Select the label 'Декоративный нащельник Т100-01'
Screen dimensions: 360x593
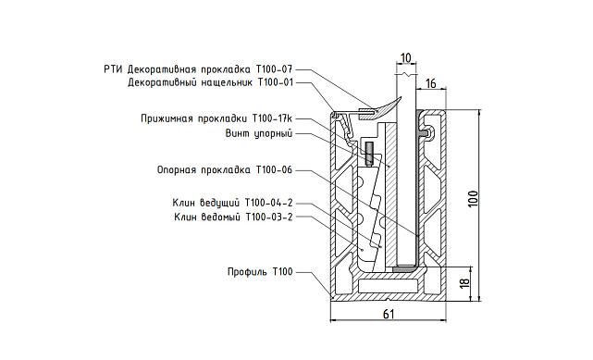pyautogui.click(x=210, y=82)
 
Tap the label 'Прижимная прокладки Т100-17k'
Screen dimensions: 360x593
pyautogui.click(x=216, y=118)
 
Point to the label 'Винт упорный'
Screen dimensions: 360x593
pyautogui.click(x=259, y=133)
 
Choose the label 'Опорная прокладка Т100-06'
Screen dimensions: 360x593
pyautogui.click(x=225, y=169)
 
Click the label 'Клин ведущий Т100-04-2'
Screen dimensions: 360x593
pyautogui.click(x=232, y=203)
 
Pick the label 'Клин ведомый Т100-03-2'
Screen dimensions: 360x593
pyautogui.click(x=233, y=217)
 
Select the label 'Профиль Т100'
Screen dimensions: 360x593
pyautogui.click(x=260, y=272)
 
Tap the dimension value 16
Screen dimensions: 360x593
pyautogui.click(x=431, y=83)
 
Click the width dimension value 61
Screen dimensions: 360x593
pyautogui.click(x=389, y=316)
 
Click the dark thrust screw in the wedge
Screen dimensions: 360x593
pyautogui.click(x=368, y=154)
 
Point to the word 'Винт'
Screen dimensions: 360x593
pyautogui.click(x=238, y=133)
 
